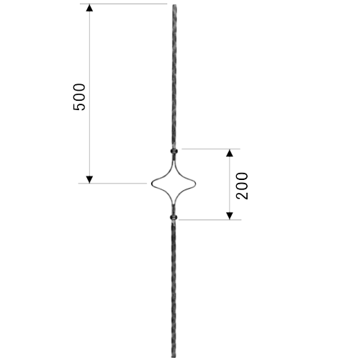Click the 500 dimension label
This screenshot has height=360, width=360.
point(79,97)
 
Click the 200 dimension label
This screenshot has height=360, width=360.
point(242,186)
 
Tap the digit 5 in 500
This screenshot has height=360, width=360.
point(79,107)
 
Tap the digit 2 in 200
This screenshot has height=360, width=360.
point(242,195)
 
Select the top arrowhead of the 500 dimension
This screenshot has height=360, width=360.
point(89,8)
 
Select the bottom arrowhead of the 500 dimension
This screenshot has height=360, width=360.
point(89,179)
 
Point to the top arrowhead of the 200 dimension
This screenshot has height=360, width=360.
point(230,153)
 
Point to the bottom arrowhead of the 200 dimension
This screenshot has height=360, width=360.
point(230,216)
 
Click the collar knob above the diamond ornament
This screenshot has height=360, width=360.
point(174,151)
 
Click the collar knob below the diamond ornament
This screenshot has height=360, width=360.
point(174,217)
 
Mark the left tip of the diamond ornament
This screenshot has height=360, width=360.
point(152,184)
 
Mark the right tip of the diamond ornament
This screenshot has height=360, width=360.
point(195,184)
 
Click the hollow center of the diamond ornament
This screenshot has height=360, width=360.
point(174,184)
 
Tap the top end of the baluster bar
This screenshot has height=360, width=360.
point(174,5)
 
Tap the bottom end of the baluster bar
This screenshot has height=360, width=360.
point(174,357)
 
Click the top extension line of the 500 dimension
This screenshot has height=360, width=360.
point(123,4)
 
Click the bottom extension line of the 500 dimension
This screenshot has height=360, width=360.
point(112,184)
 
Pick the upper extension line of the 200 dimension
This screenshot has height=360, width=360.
point(211,149)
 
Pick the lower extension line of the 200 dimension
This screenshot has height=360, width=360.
point(210,220)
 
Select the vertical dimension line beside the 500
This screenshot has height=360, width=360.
point(89,94)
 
